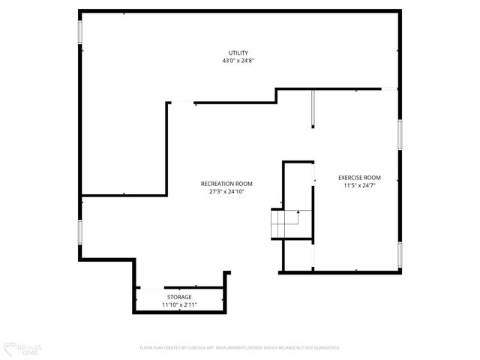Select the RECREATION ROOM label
226,184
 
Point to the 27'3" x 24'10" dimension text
226,192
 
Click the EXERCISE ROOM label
358,178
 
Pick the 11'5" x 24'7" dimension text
358,185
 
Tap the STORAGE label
178,297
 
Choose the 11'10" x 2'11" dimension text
178,305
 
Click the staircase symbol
285,223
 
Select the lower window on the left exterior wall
79,232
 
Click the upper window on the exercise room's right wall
400,135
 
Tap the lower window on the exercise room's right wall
400,256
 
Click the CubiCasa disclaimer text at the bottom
240,348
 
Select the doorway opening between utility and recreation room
181,103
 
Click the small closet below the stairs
297,256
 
